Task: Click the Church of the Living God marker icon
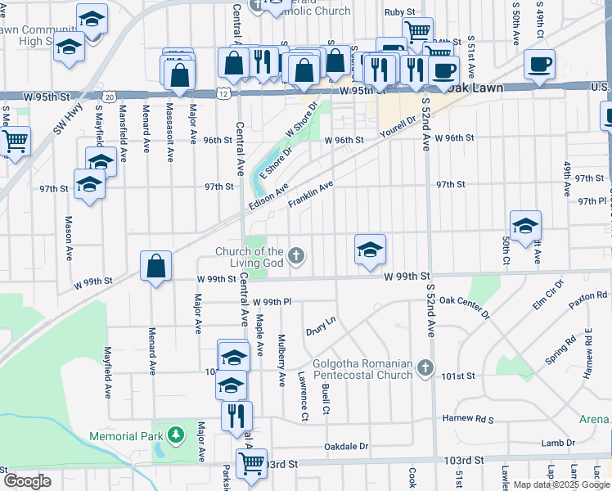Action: coord(298,257)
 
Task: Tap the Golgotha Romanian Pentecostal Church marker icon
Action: coord(425,369)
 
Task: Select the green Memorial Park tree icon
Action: coord(174,433)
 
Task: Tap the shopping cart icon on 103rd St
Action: coord(251,463)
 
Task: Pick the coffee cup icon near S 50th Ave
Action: coord(539,65)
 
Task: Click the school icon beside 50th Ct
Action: coord(525,226)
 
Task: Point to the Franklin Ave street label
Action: coord(310,196)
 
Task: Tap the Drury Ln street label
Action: coord(321,327)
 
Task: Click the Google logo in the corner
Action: coord(27,481)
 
